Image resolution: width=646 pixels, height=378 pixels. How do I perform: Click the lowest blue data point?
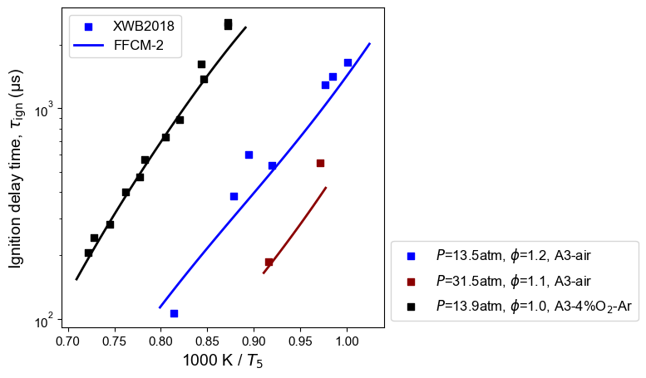[x=174, y=313]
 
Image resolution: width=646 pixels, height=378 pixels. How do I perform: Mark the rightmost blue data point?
[x=348, y=62]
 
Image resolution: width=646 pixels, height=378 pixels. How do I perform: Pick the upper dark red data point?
[x=320, y=163]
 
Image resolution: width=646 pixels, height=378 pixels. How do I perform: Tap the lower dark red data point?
[x=269, y=262]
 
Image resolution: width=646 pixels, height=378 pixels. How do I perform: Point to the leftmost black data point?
[x=88, y=253]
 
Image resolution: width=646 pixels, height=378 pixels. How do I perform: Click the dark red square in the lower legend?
[x=410, y=281]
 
